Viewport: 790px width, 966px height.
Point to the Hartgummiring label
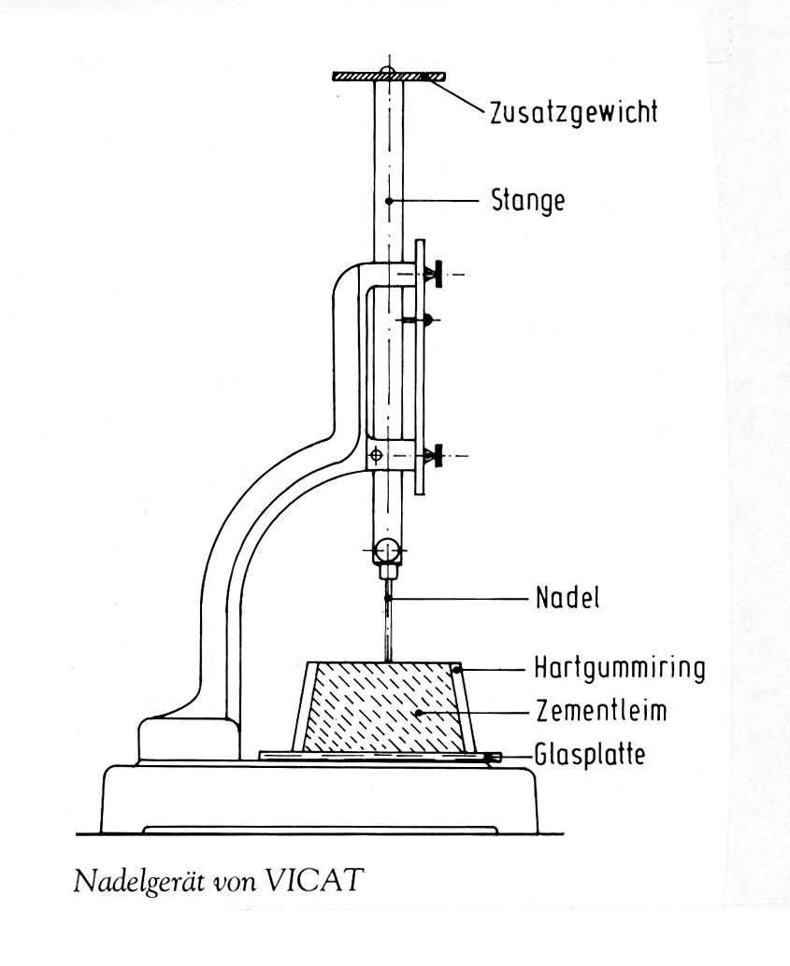point(618,669)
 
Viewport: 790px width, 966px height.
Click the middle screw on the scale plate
point(425,320)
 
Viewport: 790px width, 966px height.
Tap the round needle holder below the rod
point(387,548)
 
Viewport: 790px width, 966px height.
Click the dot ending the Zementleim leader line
point(419,713)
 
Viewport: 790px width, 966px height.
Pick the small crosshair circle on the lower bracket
point(376,456)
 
